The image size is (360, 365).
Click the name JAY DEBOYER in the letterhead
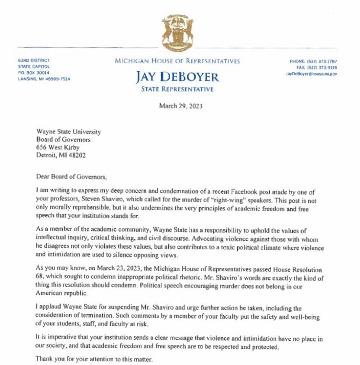pos(177,77)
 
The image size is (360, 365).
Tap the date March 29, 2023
pos(180,106)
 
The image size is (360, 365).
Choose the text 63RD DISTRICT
pos(33,60)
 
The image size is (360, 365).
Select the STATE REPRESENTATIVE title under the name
pos(177,89)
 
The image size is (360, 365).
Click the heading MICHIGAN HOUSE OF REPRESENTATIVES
pos(177,61)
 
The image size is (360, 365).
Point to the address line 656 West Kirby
pos(58,147)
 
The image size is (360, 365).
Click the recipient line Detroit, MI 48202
pos(62,155)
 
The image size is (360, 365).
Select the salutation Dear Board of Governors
pos(72,177)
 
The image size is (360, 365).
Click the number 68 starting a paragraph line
pos(40,278)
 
